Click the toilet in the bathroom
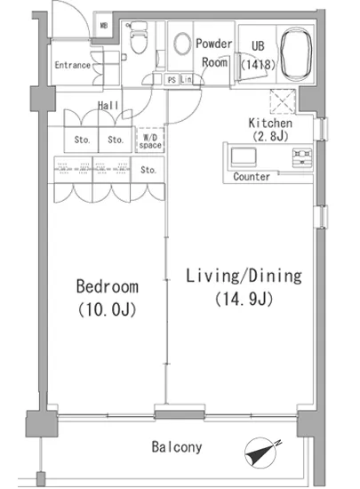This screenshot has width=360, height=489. pyautogui.click(x=138, y=37)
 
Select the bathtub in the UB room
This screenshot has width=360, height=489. pyautogui.click(x=296, y=54)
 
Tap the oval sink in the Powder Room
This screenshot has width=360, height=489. pyautogui.click(x=182, y=44)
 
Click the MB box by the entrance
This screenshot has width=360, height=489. pyautogui.click(x=104, y=26)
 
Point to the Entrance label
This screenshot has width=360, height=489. pyautogui.click(x=73, y=65)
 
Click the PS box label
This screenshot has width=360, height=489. pyautogui.click(x=172, y=80)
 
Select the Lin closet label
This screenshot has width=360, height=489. pyautogui.click(x=186, y=79)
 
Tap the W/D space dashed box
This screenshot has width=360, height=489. pyautogui.click(x=150, y=140)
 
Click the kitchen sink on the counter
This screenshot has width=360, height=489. pyautogui.click(x=244, y=156)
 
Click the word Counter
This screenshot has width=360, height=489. pyautogui.click(x=252, y=177)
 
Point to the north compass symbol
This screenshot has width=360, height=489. pyautogui.click(x=262, y=453)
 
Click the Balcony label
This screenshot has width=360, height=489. pyautogui.click(x=177, y=447)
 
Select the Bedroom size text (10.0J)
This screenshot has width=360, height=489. pyautogui.click(x=107, y=309)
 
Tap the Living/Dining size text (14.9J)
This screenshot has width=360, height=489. pyautogui.click(x=244, y=299)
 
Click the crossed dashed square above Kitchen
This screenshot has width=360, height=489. pyautogui.click(x=283, y=101)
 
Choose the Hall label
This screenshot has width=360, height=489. pyautogui.click(x=108, y=106)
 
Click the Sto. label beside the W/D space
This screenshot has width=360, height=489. pyautogui.click(x=116, y=140)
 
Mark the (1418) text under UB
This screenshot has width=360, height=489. pyautogui.click(x=259, y=65)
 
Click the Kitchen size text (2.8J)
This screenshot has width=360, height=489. pyautogui.click(x=270, y=136)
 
